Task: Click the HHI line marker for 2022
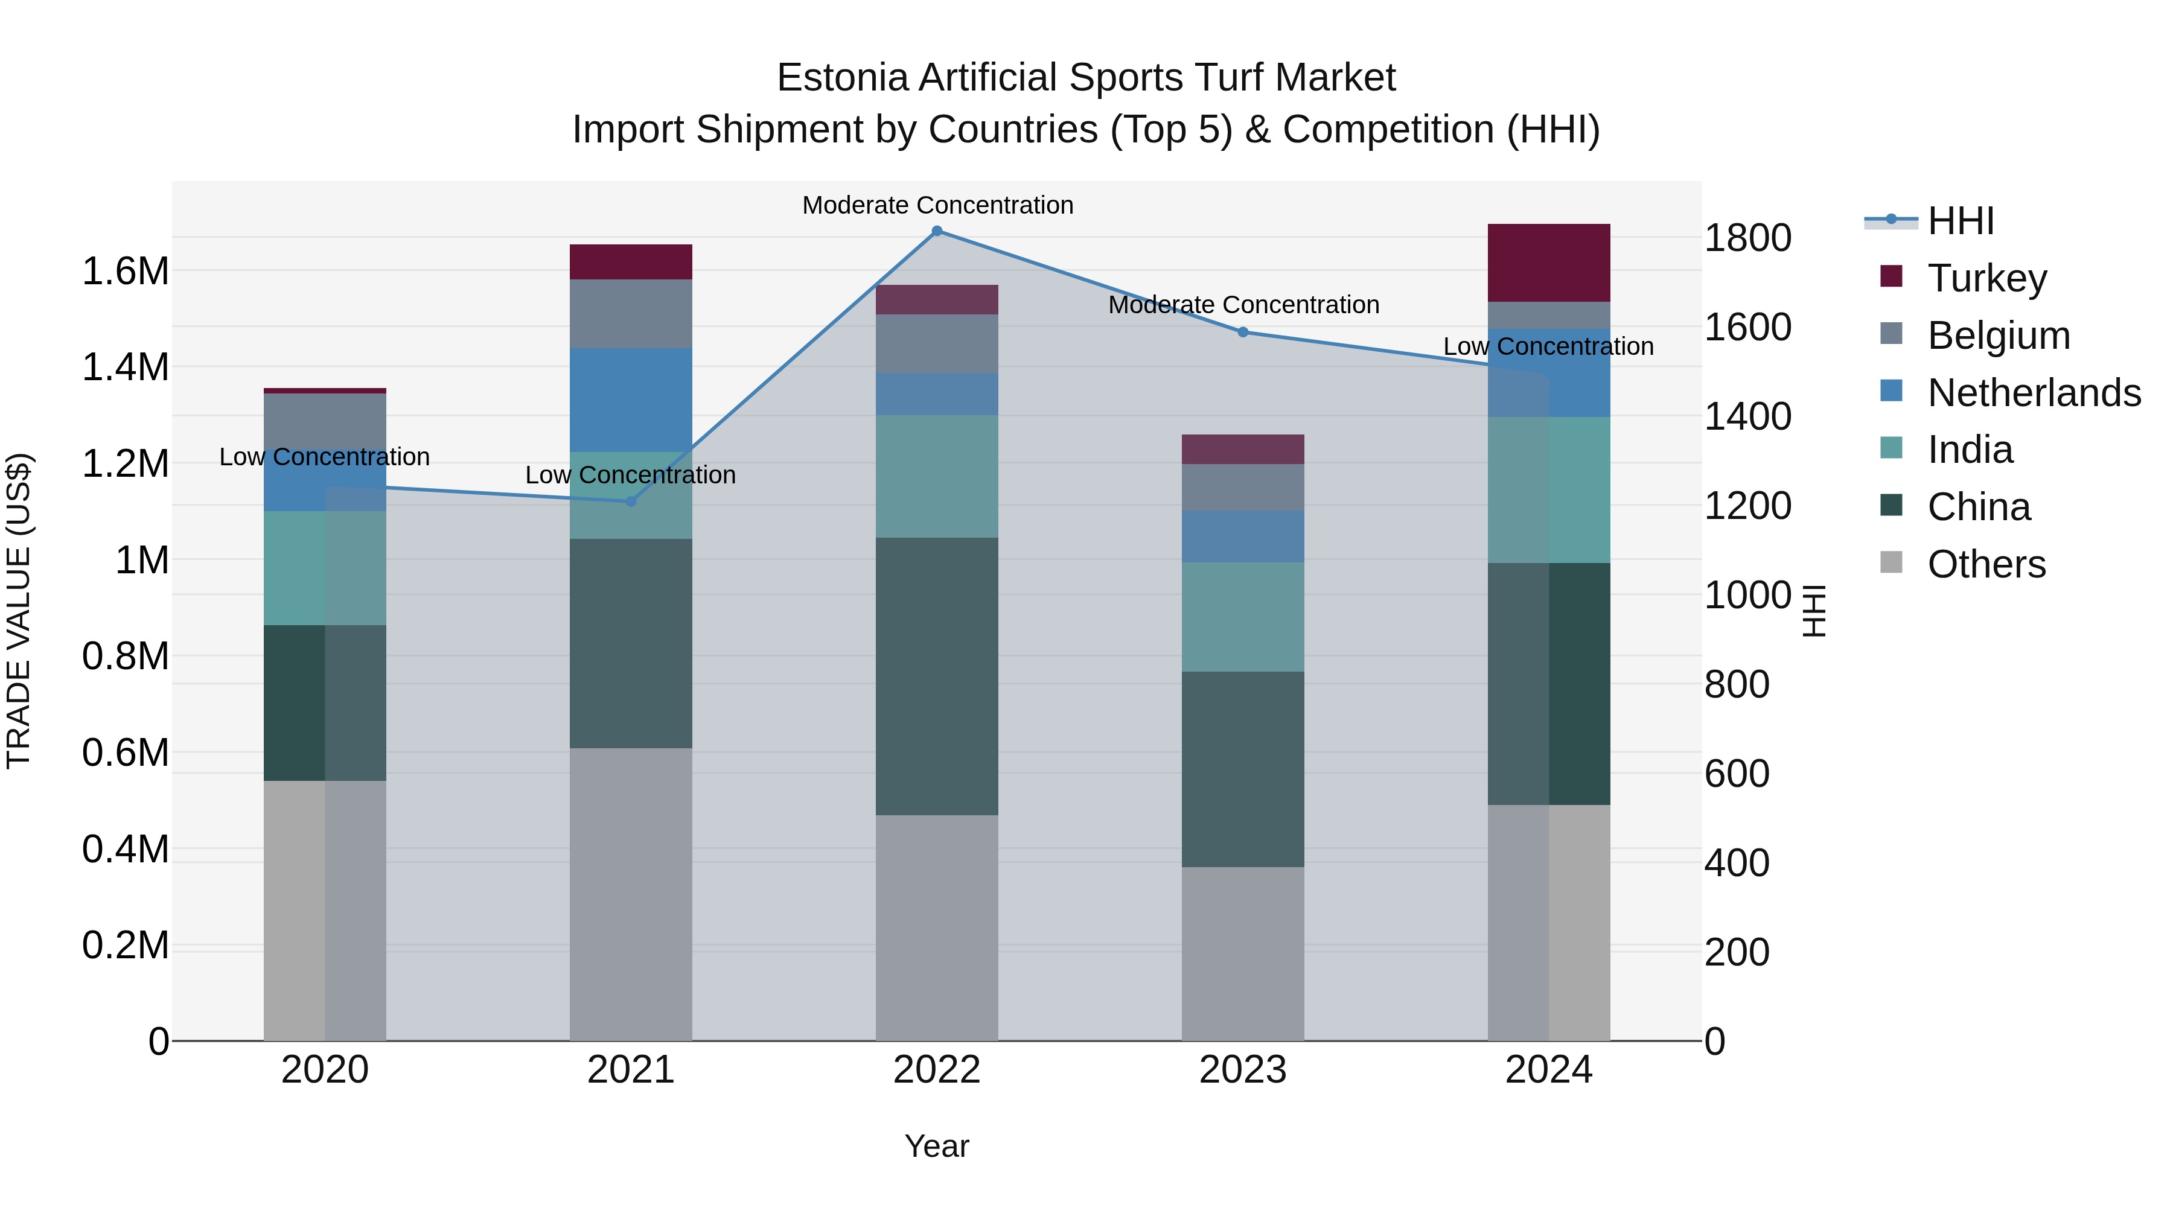(936, 231)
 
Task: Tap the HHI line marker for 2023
(1243, 333)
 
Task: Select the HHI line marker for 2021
(630, 502)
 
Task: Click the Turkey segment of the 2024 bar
(1549, 263)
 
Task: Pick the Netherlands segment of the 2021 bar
(630, 399)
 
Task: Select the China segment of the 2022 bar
(936, 676)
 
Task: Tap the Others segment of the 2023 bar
(1243, 953)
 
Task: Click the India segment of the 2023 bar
(1243, 617)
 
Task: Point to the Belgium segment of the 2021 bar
(630, 314)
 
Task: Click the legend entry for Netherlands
(2034, 393)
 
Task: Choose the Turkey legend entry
(1986, 278)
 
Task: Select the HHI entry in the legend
(1961, 221)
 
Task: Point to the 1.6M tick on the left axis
(125, 272)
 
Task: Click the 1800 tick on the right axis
(1747, 238)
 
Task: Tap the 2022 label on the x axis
(936, 1070)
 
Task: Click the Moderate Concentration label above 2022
(937, 206)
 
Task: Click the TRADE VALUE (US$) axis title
(19, 611)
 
